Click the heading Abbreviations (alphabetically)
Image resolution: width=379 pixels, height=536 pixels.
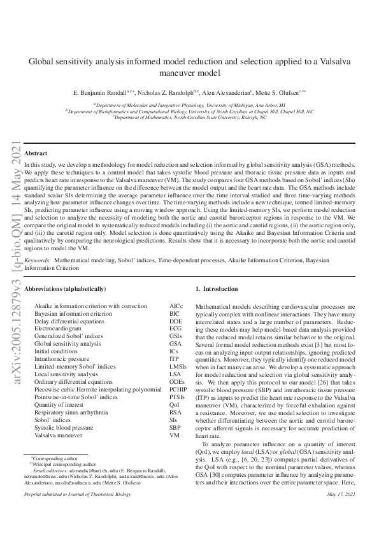pos(64,289)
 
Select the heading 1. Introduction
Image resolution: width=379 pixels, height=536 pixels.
pos(218,289)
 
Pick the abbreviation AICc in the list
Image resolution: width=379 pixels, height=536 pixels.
pos(176,306)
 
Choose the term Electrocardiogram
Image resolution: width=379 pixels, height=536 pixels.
pos(61,329)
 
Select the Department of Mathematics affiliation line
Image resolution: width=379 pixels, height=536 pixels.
pos(189,118)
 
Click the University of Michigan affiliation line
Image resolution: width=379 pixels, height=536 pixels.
pos(189,104)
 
